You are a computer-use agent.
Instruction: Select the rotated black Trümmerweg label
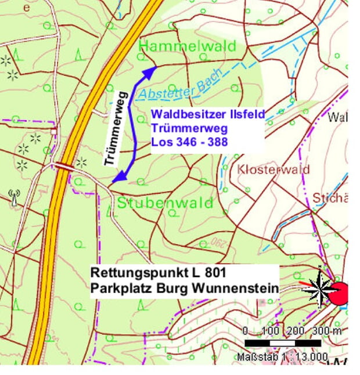(x=116, y=128)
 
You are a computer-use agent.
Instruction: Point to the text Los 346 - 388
(x=189, y=141)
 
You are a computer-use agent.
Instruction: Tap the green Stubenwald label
(x=165, y=203)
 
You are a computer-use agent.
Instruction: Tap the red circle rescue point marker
(x=339, y=293)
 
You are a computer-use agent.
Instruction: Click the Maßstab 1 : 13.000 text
(x=282, y=356)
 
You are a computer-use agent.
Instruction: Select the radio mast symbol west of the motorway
(x=14, y=197)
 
